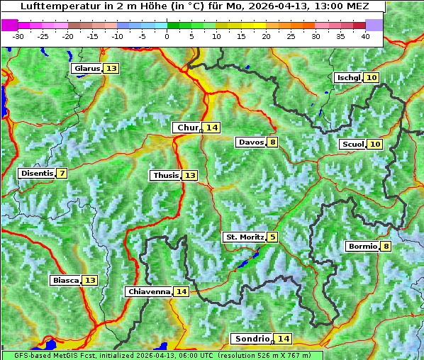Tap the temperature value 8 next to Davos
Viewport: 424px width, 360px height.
pyautogui.click(x=273, y=142)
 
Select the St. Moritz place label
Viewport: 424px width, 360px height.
pyautogui.click(x=244, y=237)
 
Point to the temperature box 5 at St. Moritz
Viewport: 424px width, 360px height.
pyautogui.click(x=273, y=237)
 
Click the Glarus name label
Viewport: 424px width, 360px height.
pyautogui.click(x=87, y=68)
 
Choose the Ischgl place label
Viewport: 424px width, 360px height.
pyautogui.click(x=348, y=77)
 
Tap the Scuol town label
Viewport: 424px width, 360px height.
pyautogui.click(x=352, y=144)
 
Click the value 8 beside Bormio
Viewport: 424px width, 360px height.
pyautogui.click(x=386, y=247)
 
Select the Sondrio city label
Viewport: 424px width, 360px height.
pyautogui.click(x=252, y=339)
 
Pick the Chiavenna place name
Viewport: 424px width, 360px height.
pyautogui.click(x=149, y=291)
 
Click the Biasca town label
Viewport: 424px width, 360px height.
pyautogui.click(x=65, y=280)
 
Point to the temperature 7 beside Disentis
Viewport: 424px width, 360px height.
pyautogui.click(x=62, y=173)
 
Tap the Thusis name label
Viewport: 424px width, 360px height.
pyautogui.click(x=165, y=175)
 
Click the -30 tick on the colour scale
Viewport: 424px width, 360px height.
pyautogui.click(x=18, y=35)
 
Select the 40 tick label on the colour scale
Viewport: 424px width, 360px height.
pyautogui.click(x=365, y=35)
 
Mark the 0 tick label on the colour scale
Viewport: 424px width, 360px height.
pyautogui.click(x=167, y=35)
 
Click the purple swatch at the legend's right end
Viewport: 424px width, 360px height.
pyautogui.click(x=374, y=25)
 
